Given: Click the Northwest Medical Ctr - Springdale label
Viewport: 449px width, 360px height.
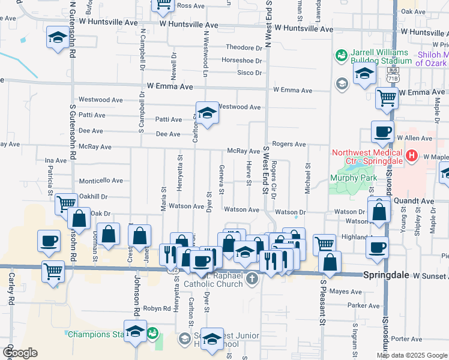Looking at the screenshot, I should point(367,157).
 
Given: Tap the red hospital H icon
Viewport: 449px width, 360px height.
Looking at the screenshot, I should point(412,157).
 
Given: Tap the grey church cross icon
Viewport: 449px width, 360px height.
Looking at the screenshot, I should point(253,277).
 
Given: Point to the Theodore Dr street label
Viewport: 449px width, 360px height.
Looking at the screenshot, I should point(243,48).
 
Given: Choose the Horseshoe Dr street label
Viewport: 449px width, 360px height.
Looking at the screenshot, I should point(242,61).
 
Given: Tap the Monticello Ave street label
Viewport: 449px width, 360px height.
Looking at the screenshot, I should point(101,181).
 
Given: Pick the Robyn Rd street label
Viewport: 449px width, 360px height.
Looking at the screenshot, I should point(158,308).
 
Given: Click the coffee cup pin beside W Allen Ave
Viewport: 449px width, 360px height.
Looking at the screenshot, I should point(382,133).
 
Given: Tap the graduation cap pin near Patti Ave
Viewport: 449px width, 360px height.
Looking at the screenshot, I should point(206,113).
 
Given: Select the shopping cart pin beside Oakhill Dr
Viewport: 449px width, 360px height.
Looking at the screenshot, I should point(66,204).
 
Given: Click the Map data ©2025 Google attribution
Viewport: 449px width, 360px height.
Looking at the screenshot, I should point(412,355).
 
